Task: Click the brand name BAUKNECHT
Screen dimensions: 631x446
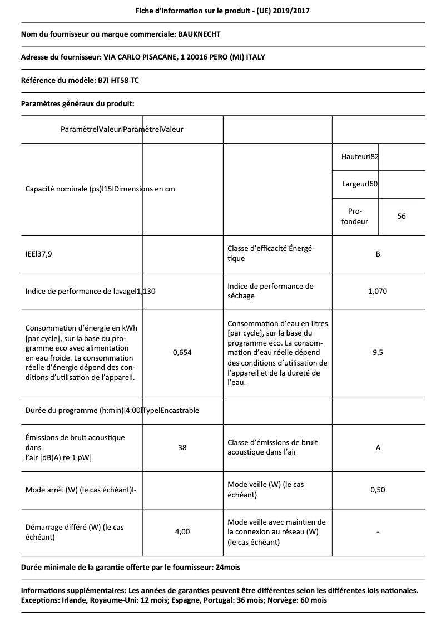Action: pyautogui.click(x=199, y=34)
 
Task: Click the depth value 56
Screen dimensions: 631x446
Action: pyautogui.click(x=402, y=216)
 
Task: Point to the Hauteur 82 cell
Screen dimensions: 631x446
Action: pyautogui.click(x=360, y=157)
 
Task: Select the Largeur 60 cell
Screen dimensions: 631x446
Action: pyautogui.click(x=360, y=184)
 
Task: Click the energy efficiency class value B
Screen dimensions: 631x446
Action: pyautogui.click(x=378, y=254)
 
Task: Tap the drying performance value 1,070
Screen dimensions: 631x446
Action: pyautogui.click(x=378, y=291)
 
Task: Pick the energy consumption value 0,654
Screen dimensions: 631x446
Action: pyautogui.click(x=182, y=353)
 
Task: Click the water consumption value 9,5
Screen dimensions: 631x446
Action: pyautogui.click(x=378, y=353)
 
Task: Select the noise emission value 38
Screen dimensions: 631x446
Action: pyautogui.click(x=182, y=447)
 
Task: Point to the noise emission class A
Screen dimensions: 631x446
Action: pyautogui.click(x=378, y=447)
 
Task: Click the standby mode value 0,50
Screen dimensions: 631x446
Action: pyautogui.click(x=378, y=490)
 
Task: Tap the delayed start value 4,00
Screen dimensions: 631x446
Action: pyautogui.click(x=182, y=532)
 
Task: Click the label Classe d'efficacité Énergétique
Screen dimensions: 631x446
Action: pyautogui.click(x=271, y=254)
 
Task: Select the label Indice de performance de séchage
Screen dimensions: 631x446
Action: pyautogui.click(x=270, y=291)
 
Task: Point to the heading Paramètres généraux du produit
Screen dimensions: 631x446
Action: pyautogui.click(x=77, y=103)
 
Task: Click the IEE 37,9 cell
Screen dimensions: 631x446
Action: pyautogui.click(x=43, y=254)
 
